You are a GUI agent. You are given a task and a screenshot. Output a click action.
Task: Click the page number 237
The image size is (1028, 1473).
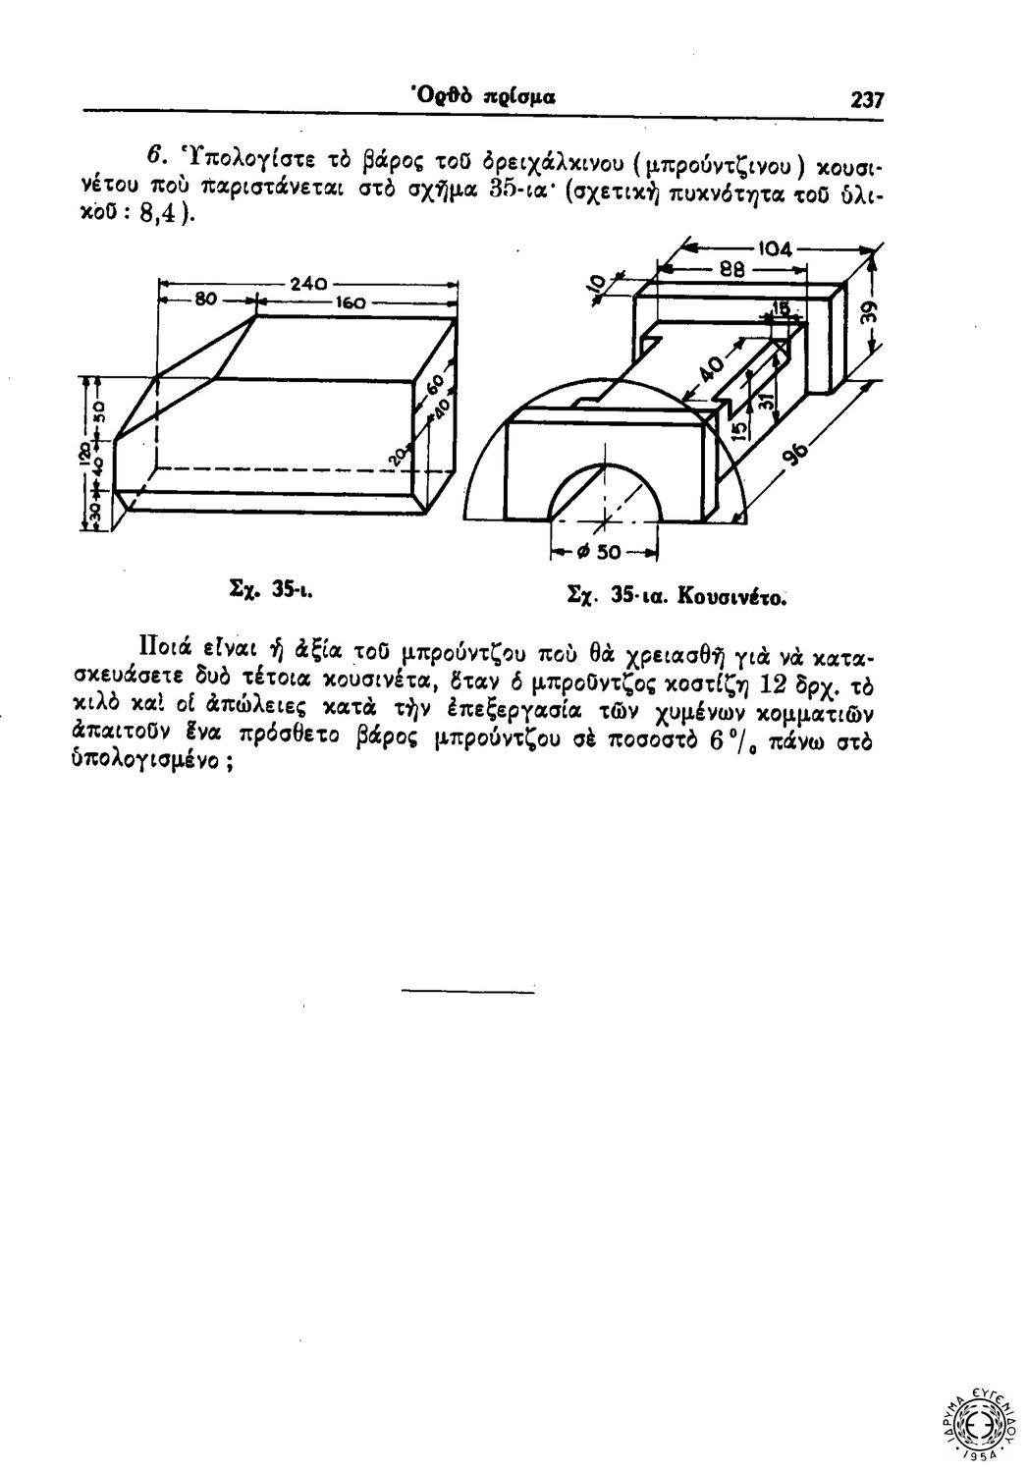click(868, 99)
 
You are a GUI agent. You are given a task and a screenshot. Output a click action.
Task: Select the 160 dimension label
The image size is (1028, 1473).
click(352, 304)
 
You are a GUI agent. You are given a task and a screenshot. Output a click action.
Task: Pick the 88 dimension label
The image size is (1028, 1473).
click(733, 267)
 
